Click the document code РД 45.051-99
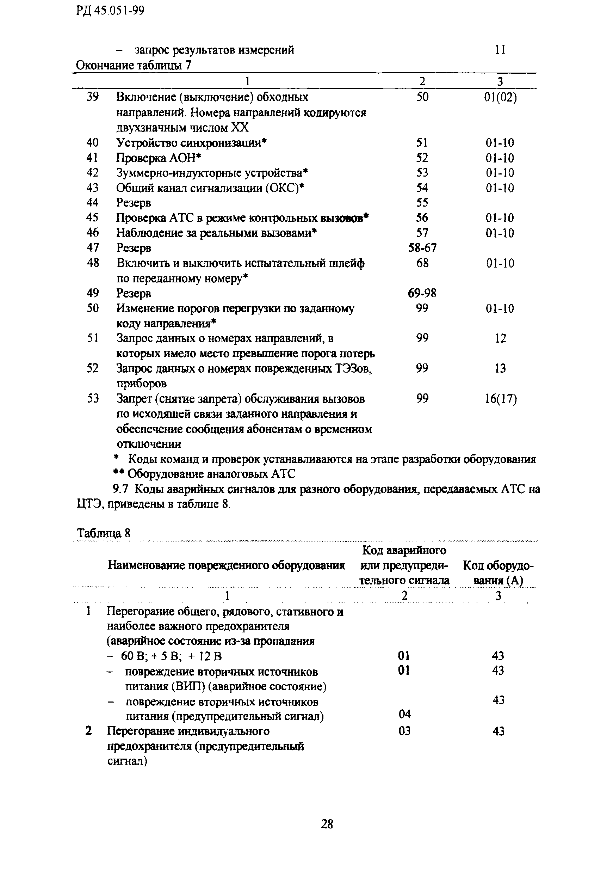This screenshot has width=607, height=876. [x=110, y=11]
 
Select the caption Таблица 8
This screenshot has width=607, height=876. [x=104, y=533]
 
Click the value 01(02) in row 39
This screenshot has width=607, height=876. [x=500, y=97]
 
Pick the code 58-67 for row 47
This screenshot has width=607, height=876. [x=422, y=248]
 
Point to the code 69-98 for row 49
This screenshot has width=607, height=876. [x=422, y=293]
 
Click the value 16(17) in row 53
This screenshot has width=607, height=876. [x=501, y=399]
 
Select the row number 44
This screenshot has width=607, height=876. [x=92, y=202]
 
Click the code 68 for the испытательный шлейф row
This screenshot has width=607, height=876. [x=422, y=263]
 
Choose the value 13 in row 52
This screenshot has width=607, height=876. [x=500, y=368]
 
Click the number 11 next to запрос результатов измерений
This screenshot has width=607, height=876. [x=500, y=50]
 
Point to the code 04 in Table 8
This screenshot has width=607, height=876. [x=405, y=714]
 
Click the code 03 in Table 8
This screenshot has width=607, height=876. [x=404, y=731]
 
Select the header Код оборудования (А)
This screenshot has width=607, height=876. [x=498, y=573]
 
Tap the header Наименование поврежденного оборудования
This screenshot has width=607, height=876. [x=226, y=565]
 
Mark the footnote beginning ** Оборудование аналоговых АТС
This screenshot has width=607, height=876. [x=204, y=474]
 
